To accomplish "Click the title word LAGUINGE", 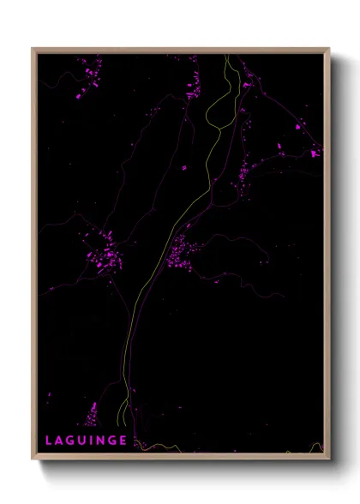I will (x=87, y=441).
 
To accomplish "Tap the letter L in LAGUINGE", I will (x=50, y=441).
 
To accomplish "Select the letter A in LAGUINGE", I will (x=61, y=441).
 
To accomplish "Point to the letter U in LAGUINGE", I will (x=83, y=441).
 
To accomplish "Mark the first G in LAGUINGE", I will (x=72, y=441).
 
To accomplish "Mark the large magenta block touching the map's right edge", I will (x=315, y=153).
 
